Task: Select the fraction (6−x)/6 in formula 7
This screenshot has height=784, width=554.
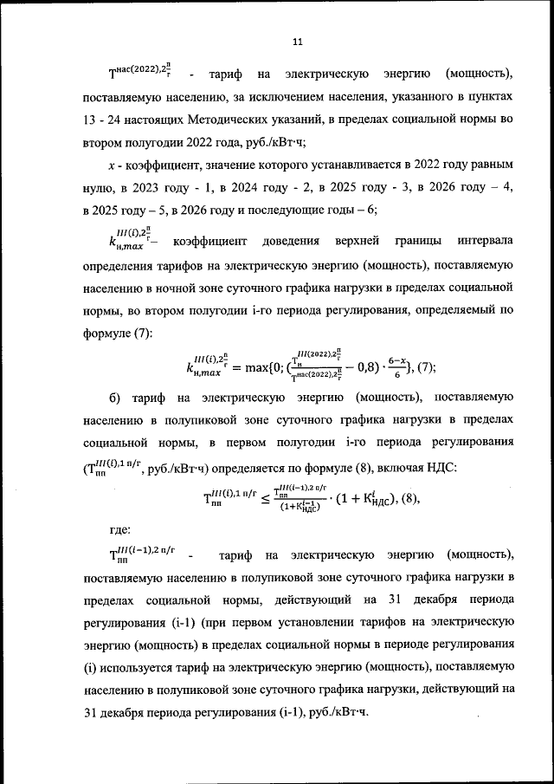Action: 394,367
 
